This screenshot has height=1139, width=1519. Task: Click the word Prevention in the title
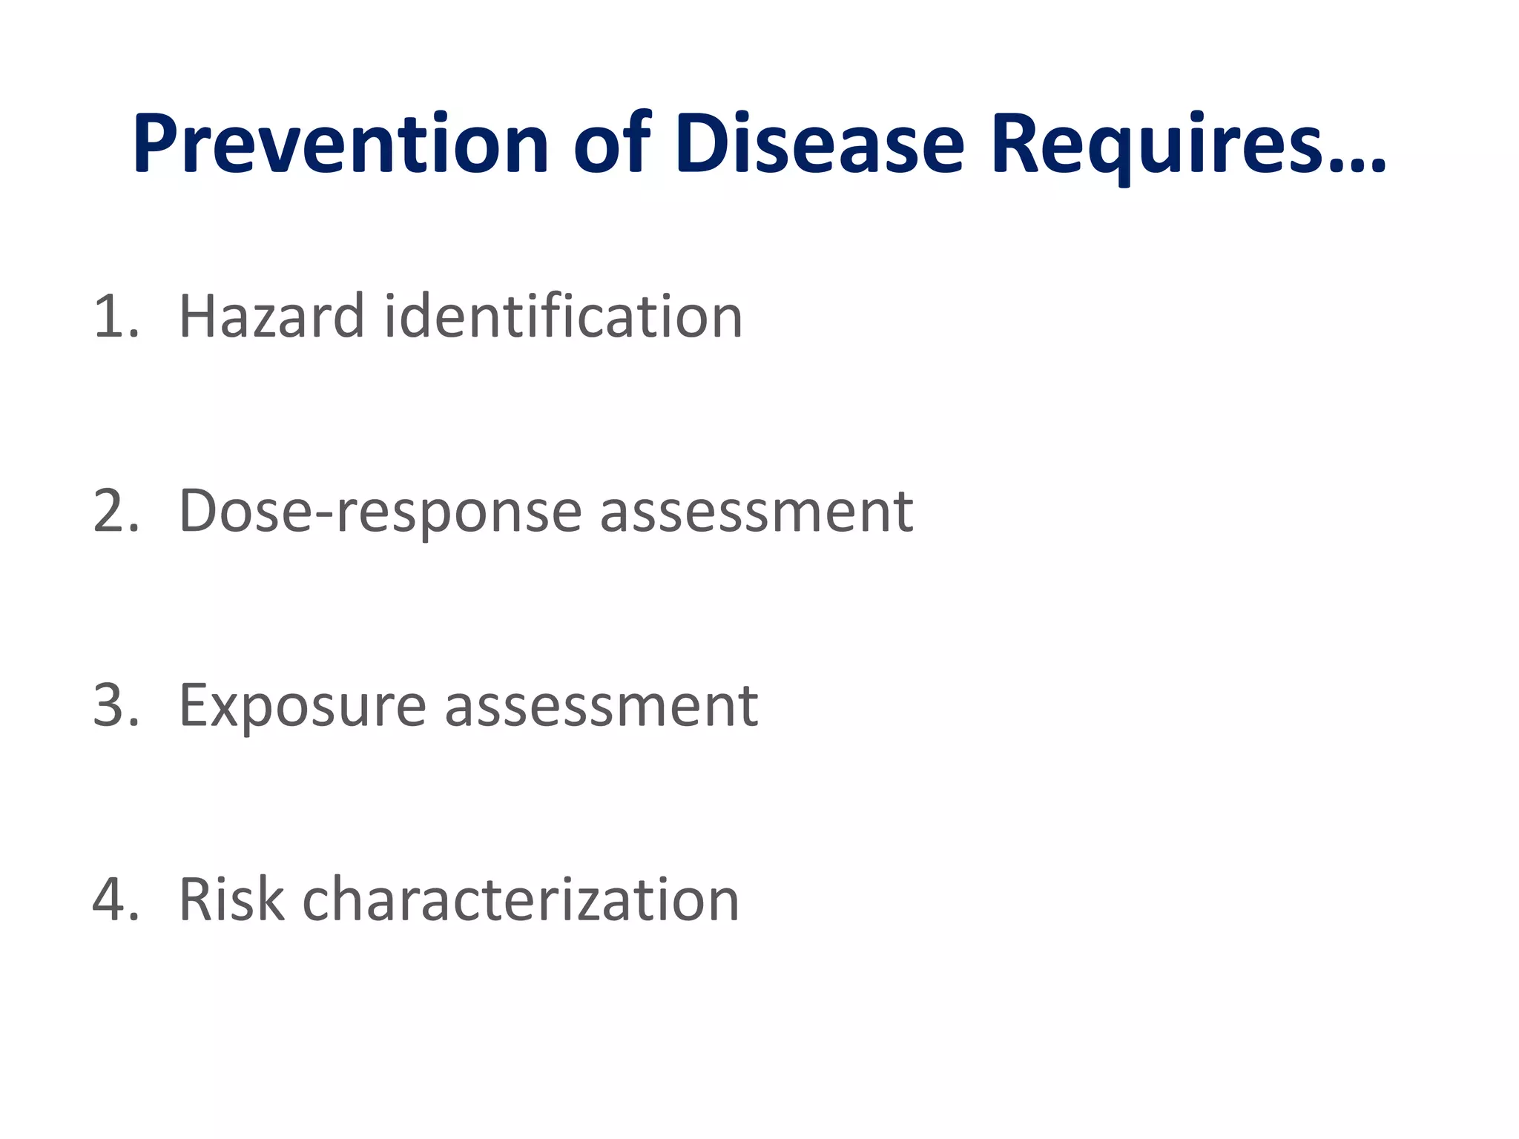pos(340,144)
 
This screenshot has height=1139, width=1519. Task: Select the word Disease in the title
pos(820,144)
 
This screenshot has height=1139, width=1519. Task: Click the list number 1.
pos(111,317)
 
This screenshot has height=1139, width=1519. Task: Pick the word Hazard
pos(271,317)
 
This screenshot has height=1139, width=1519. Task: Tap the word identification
pos(564,317)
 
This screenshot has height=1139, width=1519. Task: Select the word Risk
pos(231,900)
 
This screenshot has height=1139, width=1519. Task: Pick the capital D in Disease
pos(701,144)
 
